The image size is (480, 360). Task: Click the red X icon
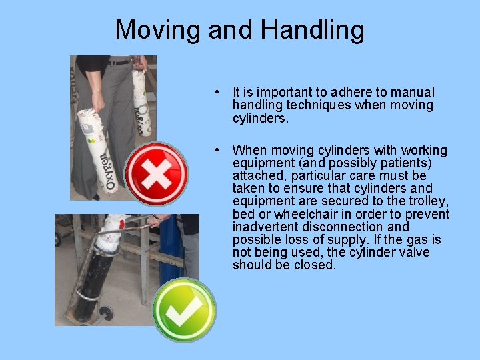156,175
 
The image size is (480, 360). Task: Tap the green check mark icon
183,309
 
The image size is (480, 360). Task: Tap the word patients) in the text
405,163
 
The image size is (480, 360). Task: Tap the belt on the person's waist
120,62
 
